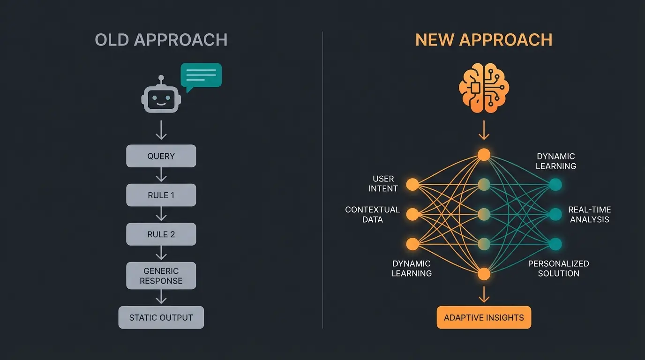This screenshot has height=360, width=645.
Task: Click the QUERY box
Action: point(161,156)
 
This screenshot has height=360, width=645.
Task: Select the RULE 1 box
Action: point(161,195)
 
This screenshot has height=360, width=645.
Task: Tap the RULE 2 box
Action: point(161,234)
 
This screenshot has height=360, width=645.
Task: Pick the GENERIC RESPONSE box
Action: point(161,276)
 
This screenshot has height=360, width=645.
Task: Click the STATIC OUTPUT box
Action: point(161,317)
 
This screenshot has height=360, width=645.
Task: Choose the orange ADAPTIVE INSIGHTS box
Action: point(484,317)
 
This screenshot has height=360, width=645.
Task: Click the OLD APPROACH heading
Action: point(161,40)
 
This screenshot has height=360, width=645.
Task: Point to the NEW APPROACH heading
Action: point(484,40)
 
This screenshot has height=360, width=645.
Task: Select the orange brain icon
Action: point(484,90)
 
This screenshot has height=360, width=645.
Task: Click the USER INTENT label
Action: point(383,184)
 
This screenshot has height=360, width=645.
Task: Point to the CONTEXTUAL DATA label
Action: point(373,215)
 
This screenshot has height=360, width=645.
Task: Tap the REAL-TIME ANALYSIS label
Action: point(589,215)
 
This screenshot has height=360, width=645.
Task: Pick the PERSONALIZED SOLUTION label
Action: point(558,269)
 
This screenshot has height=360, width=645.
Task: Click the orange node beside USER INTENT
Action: point(412,185)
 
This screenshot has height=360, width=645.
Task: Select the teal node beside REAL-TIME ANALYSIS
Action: point(555,215)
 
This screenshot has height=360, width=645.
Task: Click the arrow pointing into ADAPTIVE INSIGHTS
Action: point(484,294)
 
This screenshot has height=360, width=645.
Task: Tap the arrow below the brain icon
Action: point(484,130)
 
